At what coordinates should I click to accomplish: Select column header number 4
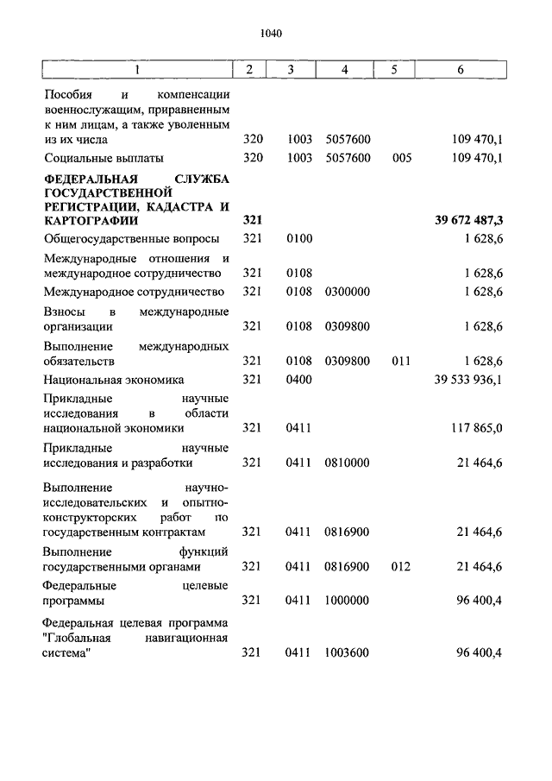pyautogui.click(x=344, y=70)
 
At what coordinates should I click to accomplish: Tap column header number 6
pyautogui.click(x=461, y=70)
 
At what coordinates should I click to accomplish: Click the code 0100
pyautogui.click(x=298, y=238)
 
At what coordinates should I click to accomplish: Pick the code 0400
pyautogui.click(x=298, y=380)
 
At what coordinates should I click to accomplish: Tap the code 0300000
pyautogui.click(x=348, y=292)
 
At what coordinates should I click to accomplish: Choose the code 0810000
pyautogui.click(x=348, y=463)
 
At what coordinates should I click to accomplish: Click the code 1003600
pyautogui.click(x=348, y=653)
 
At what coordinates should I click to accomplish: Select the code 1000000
pyautogui.click(x=348, y=601)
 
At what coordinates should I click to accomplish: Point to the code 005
pyautogui.click(x=401, y=158)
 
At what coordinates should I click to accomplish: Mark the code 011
pyautogui.click(x=401, y=361)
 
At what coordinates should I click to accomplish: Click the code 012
pyautogui.click(x=401, y=567)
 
